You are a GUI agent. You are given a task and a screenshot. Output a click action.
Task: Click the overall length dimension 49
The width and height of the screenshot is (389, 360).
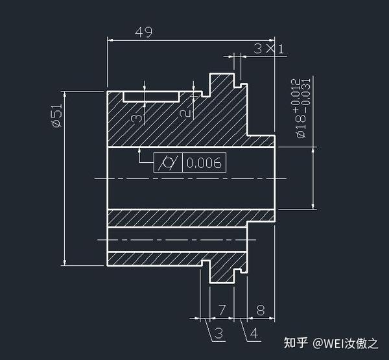pyautogui.click(x=143, y=32)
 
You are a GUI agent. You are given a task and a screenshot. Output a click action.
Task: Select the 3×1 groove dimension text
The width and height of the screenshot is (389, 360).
pyautogui.click(x=268, y=49)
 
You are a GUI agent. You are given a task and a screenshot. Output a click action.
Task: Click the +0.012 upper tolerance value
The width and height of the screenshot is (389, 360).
pyautogui.click(x=294, y=91)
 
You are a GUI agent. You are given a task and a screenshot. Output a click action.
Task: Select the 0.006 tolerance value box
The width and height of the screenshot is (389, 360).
pyautogui.click(x=204, y=163)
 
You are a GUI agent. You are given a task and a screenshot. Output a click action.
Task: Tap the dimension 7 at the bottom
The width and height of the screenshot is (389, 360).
pyautogui.click(x=221, y=310)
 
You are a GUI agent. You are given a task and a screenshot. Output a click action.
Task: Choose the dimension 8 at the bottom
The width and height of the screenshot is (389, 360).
pyautogui.click(x=261, y=310)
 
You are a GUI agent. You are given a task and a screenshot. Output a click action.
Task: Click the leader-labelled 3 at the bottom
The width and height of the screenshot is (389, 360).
pyautogui.click(x=218, y=333)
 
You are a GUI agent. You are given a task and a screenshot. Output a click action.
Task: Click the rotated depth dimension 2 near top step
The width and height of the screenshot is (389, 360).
pyautogui.click(x=186, y=113)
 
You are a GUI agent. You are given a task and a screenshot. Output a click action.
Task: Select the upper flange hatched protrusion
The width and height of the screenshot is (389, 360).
pyautogui.click(x=221, y=84)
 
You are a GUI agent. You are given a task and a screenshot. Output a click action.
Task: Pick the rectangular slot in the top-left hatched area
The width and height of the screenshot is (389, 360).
pyautogui.click(x=150, y=96)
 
